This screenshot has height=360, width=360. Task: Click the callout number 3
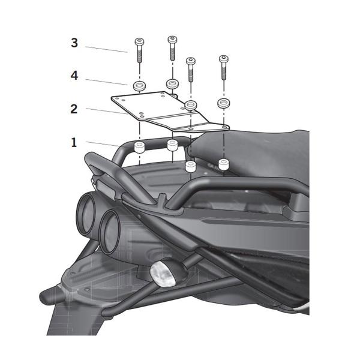click(74, 43)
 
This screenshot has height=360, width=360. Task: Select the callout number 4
click(74, 76)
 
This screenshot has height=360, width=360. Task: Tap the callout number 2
click(74, 109)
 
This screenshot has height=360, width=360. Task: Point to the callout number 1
click(74, 142)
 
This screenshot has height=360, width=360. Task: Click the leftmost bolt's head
click(139, 41)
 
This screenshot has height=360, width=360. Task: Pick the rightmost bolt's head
click(224, 59)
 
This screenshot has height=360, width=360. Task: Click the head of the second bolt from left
click(172, 40)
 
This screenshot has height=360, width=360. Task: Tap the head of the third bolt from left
click(191, 61)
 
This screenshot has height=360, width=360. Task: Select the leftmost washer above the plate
click(140, 86)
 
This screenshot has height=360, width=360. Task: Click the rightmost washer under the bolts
click(224, 103)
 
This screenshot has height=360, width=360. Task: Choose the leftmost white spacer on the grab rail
click(139, 147)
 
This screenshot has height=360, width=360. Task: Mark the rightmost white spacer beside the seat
click(223, 164)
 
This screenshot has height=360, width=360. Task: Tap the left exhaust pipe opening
click(86, 213)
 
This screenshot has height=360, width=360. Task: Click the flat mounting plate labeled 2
click(170, 112)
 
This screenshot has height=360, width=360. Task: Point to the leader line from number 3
click(106, 50)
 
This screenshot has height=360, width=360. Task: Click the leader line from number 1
click(103, 144)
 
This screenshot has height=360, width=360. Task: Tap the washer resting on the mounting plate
click(191, 105)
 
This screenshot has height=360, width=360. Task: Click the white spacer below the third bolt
click(191, 167)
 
